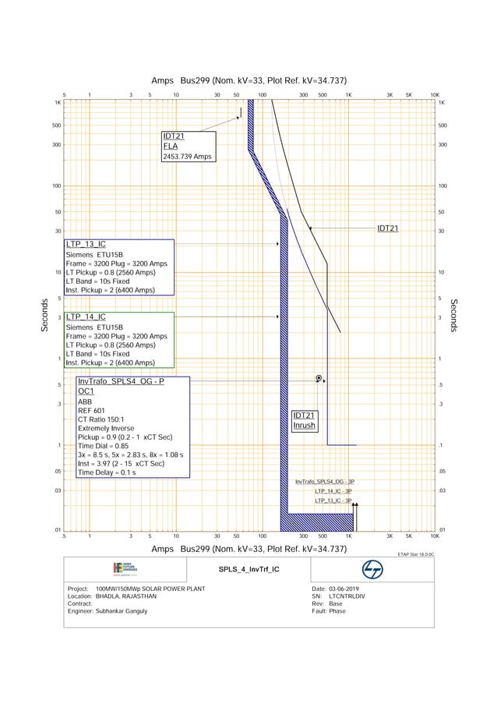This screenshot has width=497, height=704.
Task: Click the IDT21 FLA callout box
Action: tap(187, 146)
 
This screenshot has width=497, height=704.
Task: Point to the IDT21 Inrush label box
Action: tap(304, 421)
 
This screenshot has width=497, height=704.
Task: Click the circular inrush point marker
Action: tap(319, 378)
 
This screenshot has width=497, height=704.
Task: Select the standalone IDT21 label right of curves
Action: tap(388, 228)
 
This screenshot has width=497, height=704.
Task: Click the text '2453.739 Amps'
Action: tap(187, 157)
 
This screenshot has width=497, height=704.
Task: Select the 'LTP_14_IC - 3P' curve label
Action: tap(333, 492)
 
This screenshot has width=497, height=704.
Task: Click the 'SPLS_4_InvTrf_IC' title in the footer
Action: tap(248, 569)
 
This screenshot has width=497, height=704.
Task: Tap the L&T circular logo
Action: tap(372, 569)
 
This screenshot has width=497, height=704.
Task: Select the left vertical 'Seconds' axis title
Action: tap(45, 315)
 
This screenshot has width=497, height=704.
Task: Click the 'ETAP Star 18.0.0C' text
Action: tap(415, 554)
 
